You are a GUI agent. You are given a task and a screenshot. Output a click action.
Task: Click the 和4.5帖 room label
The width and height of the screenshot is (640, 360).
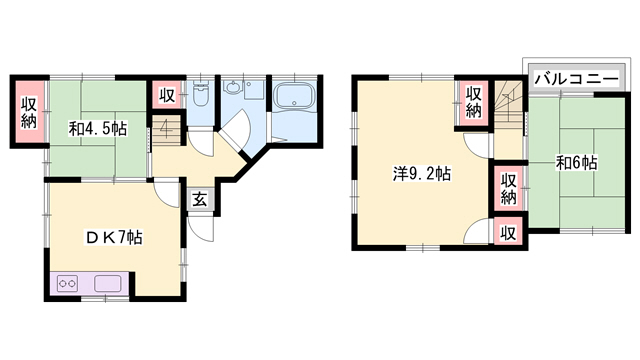pyautogui.click(x=98, y=129)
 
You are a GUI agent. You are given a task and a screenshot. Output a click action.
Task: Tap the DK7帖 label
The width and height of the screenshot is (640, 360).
pyautogui.click(x=114, y=237)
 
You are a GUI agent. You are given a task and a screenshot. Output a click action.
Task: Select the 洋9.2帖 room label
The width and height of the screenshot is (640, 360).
pyautogui.click(x=422, y=174)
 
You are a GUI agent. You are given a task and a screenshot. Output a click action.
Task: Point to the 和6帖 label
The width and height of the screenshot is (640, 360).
pyautogui.click(x=577, y=163)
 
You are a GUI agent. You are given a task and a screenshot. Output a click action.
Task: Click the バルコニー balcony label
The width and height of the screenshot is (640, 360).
pyautogui.click(x=577, y=78)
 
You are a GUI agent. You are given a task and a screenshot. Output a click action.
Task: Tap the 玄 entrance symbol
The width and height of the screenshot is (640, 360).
pyautogui.click(x=200, y=200)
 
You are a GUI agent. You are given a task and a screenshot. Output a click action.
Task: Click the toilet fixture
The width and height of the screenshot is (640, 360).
pyautogui.click(x=200, y=93)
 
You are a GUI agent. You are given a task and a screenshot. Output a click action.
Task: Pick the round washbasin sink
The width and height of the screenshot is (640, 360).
pyautogui.click(x=234, y=87)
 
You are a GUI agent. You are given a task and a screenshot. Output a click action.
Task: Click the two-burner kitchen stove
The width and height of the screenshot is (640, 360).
pyautogui.click(x=67, y=283)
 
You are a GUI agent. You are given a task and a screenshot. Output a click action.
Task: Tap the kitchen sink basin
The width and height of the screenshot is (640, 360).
pyautogui.click(x=108, y=283)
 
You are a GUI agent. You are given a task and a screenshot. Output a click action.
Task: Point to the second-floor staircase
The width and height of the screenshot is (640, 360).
pyautogui.click(x=508, y=102)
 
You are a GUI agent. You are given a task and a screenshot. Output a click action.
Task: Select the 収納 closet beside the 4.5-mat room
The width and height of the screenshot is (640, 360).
pyautogui.click(x=29, y=111)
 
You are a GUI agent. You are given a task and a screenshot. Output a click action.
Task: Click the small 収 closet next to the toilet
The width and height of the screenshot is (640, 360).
pyautogui.click(x=167, y=95)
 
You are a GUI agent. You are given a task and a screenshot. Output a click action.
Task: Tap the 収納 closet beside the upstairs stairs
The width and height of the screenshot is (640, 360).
pyautogui.click(x=473, y=102)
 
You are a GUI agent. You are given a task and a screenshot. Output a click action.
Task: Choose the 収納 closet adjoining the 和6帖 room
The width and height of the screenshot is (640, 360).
pyautogui.click(x=508, y=188)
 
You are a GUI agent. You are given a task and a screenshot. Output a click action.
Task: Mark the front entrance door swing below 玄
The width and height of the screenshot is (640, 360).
pyautogui.click(x=201, y=229)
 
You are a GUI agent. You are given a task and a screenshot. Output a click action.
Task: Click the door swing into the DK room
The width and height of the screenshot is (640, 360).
pyautogui.click(x=167, y=194)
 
